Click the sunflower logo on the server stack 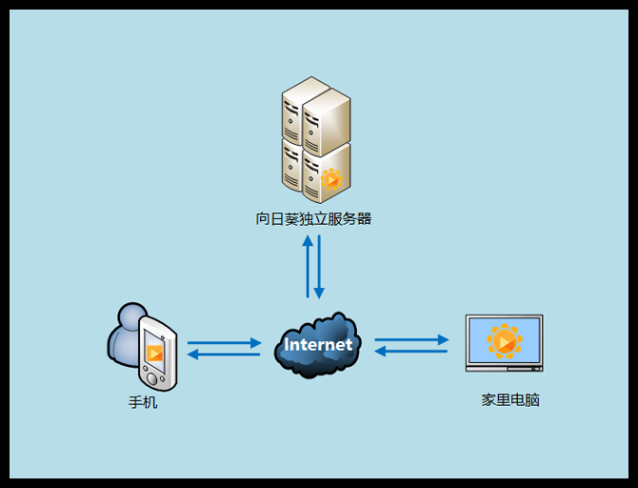coord(330,178)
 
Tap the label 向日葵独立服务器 coord(313,219)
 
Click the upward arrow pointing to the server coord(308,266)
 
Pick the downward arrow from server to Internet coord(320,266)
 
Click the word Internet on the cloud coord(318,344)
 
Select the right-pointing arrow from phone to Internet coord(225,342)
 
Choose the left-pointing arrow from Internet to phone coord(225,355)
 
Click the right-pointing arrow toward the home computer coord(411,339)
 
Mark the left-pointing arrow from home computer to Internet coord(411,352)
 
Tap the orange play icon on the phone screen coord(154,353)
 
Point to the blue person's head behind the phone coord(132,317)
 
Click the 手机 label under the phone coord(143,402)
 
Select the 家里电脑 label coord(510,400)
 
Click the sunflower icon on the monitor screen coord(504,340)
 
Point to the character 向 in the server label coord(264,219)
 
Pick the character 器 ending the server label coord(364,219)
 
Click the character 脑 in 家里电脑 coord(532,400)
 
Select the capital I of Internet coord(288,344)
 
